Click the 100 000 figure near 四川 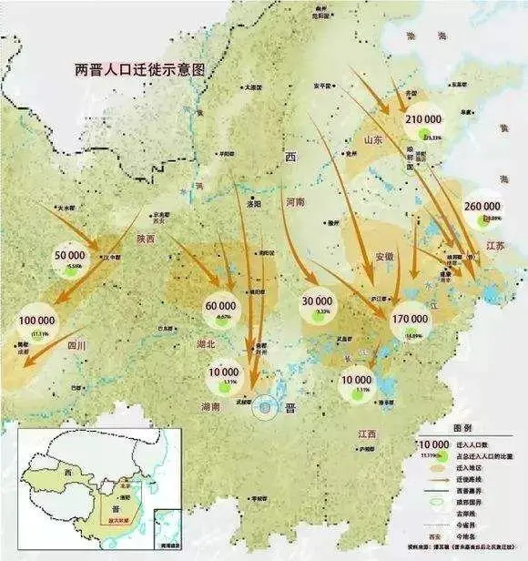37,321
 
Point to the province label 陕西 147,239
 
